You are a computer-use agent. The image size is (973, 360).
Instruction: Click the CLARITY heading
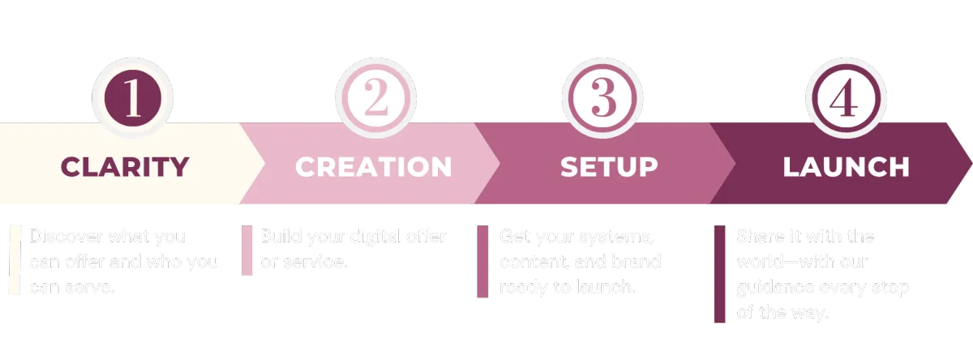(x=125, y=167)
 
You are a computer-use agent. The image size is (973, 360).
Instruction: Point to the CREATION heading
(x=373, y=167)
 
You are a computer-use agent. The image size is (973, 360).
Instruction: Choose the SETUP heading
(x=609, y=167)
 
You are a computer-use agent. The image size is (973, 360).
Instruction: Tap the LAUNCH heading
(x=846, y=167)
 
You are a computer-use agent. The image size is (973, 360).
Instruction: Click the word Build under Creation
(x=279, y=237)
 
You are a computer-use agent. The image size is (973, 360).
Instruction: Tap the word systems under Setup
(x=615, y=237)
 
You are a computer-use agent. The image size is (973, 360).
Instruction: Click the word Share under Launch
(x=757, y=237)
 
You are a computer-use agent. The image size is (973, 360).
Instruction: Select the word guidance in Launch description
(x=774, y=289)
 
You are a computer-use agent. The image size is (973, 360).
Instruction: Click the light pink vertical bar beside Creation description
(x=247, y=251)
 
